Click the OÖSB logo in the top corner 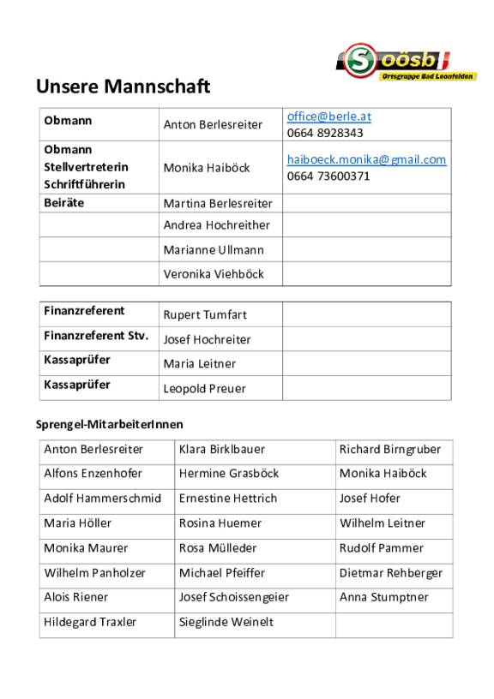click(407, 63)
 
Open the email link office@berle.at click(329, 116)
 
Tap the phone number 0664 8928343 click(325, 133)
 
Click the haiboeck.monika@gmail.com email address click(366, 159)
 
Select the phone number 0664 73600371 click(328, 176)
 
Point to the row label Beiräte click(64, 203)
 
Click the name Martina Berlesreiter click(218, 203)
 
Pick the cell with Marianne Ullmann click(214, 250)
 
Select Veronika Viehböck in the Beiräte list click(214, 274)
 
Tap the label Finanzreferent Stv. click(96, 336)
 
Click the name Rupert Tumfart click(205, 314)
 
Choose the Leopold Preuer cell click(205, 388)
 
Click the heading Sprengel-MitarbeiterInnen click(109, 424)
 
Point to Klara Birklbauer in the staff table click(222, 449)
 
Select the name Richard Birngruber click(390, 449)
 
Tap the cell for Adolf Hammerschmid click(102, 498)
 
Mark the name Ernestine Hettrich click(228, 498)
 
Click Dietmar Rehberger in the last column click(391, 572)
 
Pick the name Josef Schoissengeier click(234, 597)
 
